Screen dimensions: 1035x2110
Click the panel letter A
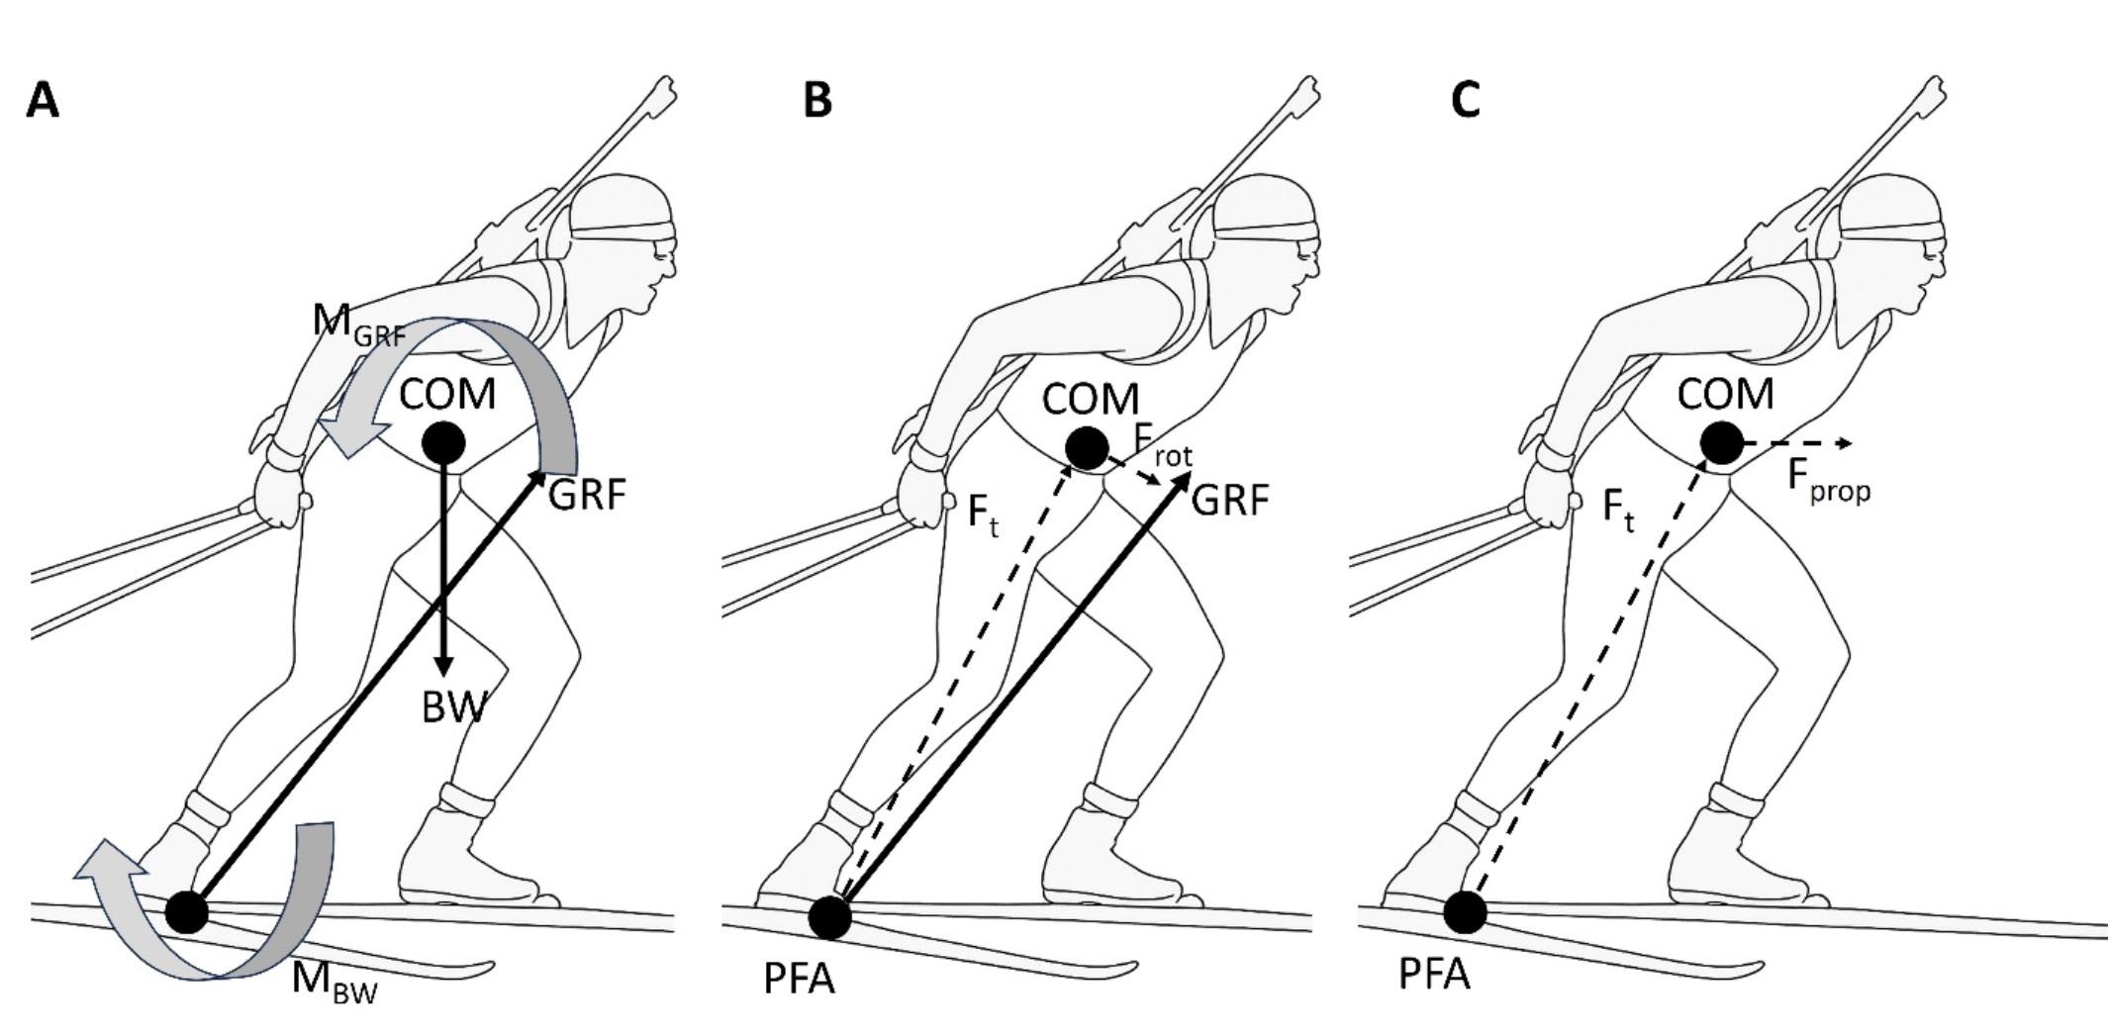coord(43,100)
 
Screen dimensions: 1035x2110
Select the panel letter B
coord(816,100)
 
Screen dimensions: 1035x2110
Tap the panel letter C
coord(1466,100)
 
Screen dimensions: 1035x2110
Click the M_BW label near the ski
coord(334,981)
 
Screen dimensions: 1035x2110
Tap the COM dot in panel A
coord(443,442)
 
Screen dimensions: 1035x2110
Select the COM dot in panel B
coord(1088,448)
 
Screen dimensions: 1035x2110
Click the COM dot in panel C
coord(1722,442)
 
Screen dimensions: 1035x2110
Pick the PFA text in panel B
coord(800,980)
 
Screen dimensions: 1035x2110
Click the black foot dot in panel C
coord(1465,912)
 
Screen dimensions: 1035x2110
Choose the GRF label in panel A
coord(587,495)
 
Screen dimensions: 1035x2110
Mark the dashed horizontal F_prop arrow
coord(1796,443)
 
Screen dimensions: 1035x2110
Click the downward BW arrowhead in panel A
coord(443,663)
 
